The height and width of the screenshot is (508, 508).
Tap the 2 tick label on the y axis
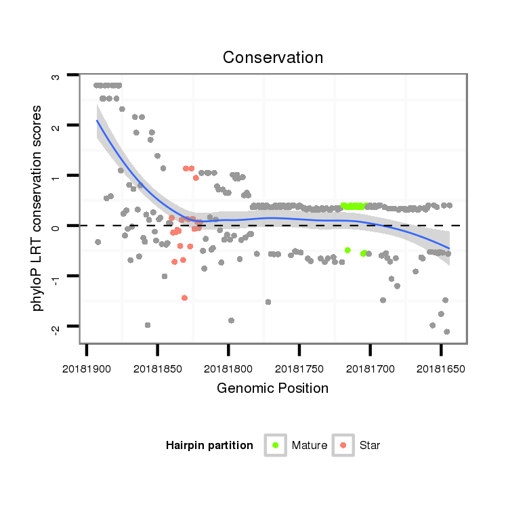point(56,127)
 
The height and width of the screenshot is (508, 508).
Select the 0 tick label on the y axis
point(56,226)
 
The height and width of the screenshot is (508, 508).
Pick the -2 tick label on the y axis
point(56,327)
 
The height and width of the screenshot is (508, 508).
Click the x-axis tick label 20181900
point(87,369)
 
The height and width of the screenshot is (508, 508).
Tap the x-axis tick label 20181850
point(157,369)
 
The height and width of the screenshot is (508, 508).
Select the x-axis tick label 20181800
point(228,369)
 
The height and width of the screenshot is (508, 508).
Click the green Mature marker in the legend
point(276,445)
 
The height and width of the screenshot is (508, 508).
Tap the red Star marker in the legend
point(343,445)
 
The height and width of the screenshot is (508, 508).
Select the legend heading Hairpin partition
point(209,446)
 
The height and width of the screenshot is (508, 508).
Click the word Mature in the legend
point(310,446)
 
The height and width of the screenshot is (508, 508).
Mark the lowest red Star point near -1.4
point(184,298)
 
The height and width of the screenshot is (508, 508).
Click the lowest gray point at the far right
point(447,332)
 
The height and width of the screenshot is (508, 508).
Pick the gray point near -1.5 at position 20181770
point(268,302)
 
